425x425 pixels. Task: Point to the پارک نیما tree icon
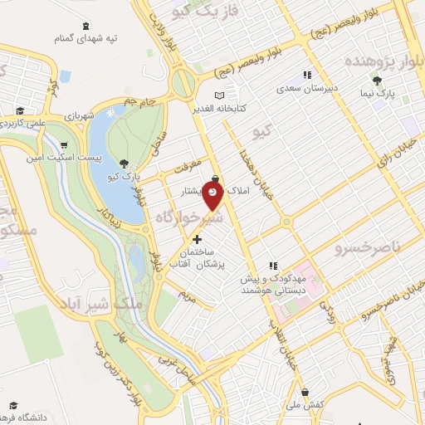378,81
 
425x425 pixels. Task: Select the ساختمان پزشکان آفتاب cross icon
197,239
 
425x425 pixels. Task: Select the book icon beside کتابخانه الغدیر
219,95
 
